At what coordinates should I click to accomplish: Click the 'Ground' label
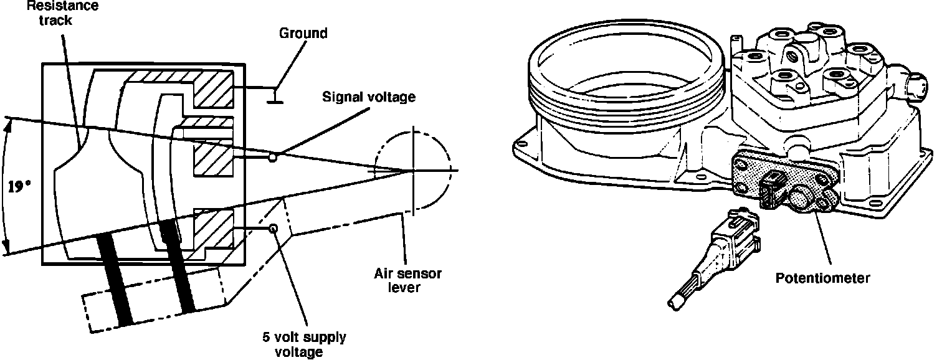(x=302, y=33)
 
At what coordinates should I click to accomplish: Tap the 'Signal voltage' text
(x=368, y=97)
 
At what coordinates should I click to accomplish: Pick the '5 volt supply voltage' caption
(x=304, y=344)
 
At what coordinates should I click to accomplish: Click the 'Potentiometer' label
(x=822, y=278)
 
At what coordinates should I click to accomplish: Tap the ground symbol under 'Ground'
(x=273, y=97)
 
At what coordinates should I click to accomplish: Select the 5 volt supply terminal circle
(x=272, y=229)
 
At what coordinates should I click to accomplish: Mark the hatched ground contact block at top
(x=212, y=87)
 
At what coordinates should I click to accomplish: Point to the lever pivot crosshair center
(x=412, y=170)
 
